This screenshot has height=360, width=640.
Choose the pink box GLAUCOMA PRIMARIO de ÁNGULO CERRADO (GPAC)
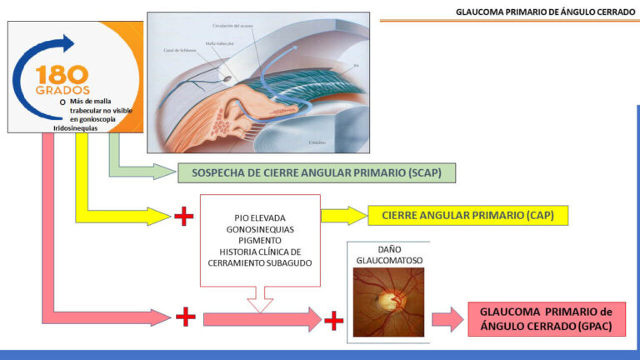pyautogui.click(x=546, y=319)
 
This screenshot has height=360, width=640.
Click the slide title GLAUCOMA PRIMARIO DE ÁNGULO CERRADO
pyautogui.click(x=545, y=12)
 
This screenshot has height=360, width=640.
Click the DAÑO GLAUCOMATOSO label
pyautogui.click(x=388, y=254)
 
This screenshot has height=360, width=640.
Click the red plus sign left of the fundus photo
pyautogui.click(x=334, y=319)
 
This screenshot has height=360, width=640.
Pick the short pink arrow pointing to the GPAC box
pyautogui.click(x=447, y=319)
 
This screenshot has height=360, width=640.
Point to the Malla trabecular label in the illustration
pyautogui.click(x=219, y=41)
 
